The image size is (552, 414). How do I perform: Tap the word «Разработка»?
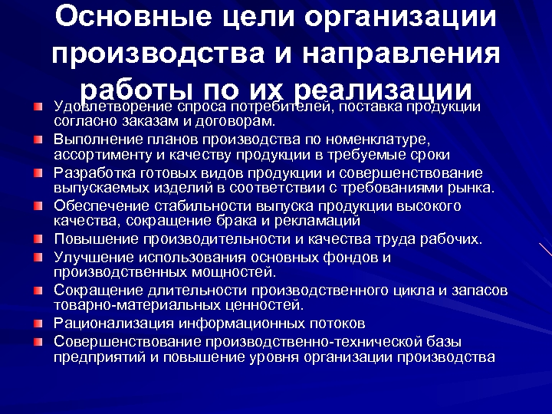tap(91, 172)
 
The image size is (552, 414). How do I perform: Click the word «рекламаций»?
tap(324, 221)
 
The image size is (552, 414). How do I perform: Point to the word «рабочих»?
tap(453, 239)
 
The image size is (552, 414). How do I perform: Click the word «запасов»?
tap(481, 290)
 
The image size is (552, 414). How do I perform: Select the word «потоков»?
tap(336, 323)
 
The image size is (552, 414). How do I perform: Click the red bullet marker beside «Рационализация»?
tap(38, 323)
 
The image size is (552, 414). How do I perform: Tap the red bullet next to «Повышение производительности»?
tap(38, 239)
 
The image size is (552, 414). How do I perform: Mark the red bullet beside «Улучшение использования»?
tap(38, 257)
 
